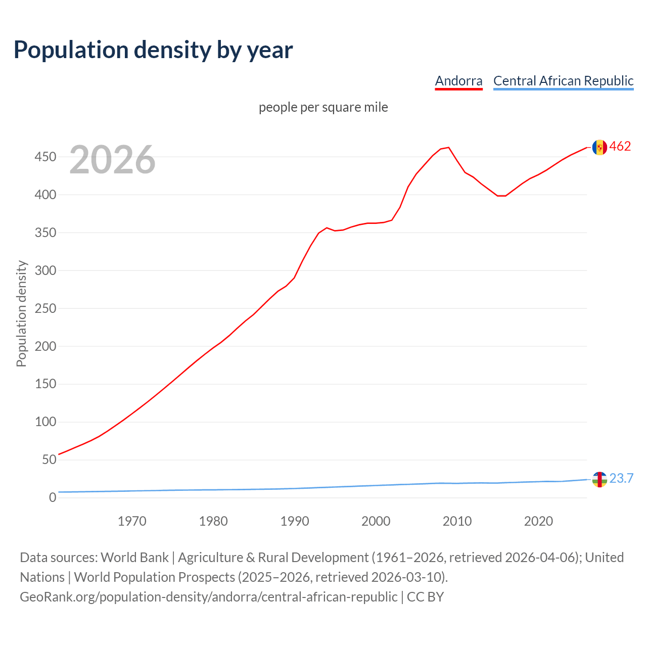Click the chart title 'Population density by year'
(153, 50)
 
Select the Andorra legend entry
(458, 81)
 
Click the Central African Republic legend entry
(563, 81)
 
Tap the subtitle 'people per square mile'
(323, 108)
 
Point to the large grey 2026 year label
(112, 160)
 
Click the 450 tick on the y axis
(45, 157)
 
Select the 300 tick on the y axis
(45, 270)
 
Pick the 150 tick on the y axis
(45, 384)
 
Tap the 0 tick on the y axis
(53, 498)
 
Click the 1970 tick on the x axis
(132, 521)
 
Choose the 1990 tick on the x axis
(295, 521)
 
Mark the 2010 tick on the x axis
(457, 521)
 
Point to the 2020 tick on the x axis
(538, 521)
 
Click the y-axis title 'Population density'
(21, 313)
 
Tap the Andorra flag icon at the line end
(599, 147)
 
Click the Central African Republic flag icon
(599, 479)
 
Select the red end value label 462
(620, 147)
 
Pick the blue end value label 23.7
(621, 479)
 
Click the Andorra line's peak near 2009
(448, 148)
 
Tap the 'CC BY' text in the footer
(425, 597)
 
